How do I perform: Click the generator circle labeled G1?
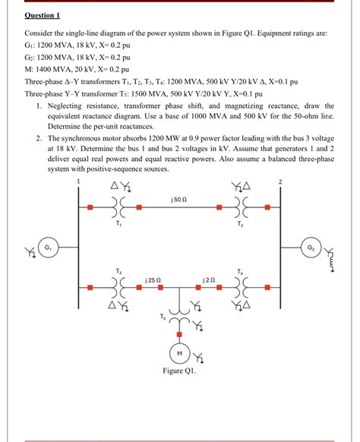(48, 248)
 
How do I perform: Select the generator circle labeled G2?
(311, 248)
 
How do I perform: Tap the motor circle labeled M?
(179, 354)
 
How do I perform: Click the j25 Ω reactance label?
(151, 280)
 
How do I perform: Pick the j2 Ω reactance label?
(211, 280)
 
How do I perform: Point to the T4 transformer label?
(241, 271)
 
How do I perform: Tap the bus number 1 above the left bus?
(77, 181)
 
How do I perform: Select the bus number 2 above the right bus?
(279, 181)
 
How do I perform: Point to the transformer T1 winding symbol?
(117, 207)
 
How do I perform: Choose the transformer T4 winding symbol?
(241, 289)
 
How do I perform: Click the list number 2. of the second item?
(38, 140)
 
